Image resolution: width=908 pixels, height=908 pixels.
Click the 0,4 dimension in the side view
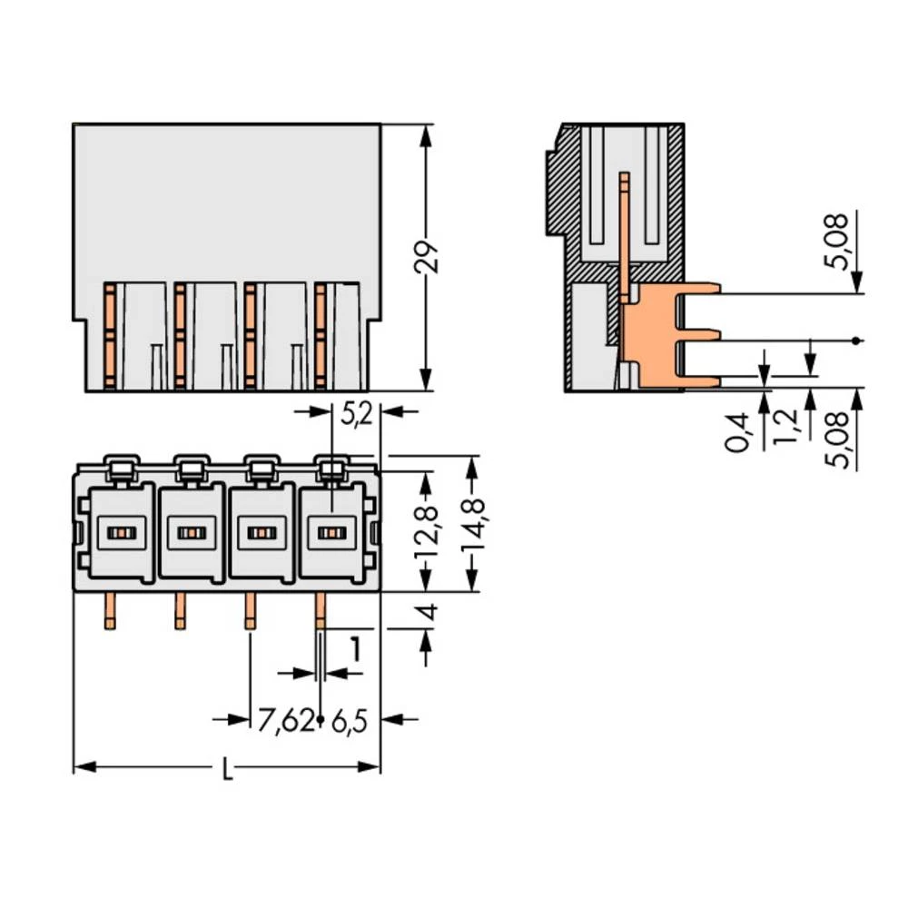click(740, 431)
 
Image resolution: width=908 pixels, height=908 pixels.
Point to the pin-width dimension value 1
click(356, 650)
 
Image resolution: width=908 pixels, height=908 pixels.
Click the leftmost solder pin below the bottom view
click(109, 611)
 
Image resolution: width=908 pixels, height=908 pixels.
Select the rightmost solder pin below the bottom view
click(320, 611)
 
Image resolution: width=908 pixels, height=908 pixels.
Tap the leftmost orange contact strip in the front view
click(109, 336)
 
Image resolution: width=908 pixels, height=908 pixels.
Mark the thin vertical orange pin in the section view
click(625, 232)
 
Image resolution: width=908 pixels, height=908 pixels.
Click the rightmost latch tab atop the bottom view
click(332, 469)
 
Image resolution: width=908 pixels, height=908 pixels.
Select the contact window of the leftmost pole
click(120, 533)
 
